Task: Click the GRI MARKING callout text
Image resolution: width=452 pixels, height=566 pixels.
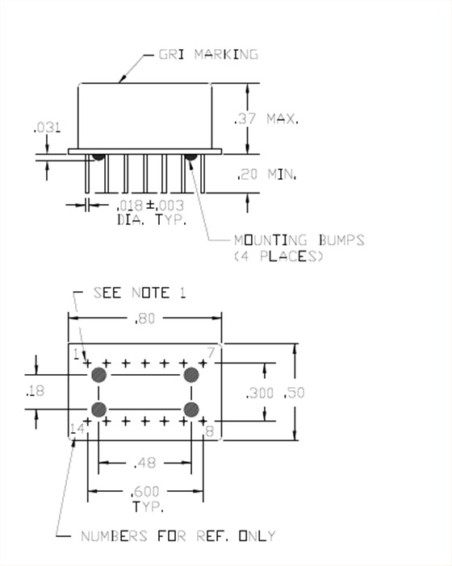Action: [x=208, y=55]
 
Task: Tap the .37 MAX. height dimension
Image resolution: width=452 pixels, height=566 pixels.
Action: [x=266, y=119]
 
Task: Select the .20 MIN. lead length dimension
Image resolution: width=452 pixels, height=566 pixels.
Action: [x=266, y=174]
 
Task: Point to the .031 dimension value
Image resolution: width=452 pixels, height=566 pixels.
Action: [x=48, y=127]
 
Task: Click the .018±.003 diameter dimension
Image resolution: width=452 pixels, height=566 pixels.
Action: [x=150, y=206]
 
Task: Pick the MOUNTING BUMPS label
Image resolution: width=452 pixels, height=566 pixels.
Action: [x=299, y=240]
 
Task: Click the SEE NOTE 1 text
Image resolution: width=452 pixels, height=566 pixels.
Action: [x=140, y=293]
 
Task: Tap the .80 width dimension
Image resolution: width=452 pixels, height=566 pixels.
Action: [x=144, y=318]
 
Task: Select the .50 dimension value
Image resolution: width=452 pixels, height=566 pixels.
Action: [x=294, y=393]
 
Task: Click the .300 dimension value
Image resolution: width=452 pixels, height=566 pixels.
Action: [x=259, y=393]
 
